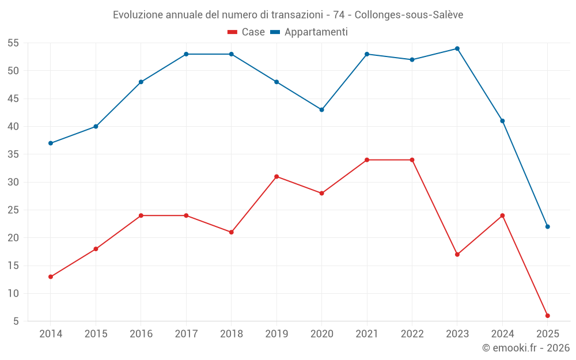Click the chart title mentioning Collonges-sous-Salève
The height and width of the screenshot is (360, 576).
click(x=288, y=14)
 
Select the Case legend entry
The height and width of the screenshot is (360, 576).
click(x=246, y=32)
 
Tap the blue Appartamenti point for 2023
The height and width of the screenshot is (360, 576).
click(x=457, y=48)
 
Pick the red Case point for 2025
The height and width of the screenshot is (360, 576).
click(x=547, y=316)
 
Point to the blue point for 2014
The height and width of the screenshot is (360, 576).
click(x=51, y=143)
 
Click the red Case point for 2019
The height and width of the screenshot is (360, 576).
click(x=276, y=176)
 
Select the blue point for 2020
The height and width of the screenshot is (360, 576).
click(x=321, y=109)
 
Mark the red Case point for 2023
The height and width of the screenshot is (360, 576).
click(x=457, y=255)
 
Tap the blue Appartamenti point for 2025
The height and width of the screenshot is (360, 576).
click(x=547, y=226)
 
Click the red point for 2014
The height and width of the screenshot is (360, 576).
click(x=51, y=276)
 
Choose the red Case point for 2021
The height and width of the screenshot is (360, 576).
click(x=367, y=160)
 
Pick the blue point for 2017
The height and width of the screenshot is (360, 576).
click(x=186, y=54)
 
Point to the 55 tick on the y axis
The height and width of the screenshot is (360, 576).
click(x=13, y=43)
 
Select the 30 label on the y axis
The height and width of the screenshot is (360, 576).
click(x=13, y=182)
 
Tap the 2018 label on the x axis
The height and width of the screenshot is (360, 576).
click(x=231, y=334)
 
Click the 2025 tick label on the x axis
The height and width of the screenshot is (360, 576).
click(x=547, y=334)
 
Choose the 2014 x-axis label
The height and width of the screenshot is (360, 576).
click(x=51, y=334)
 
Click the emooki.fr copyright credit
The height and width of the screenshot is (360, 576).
click(x=525, y=348)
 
